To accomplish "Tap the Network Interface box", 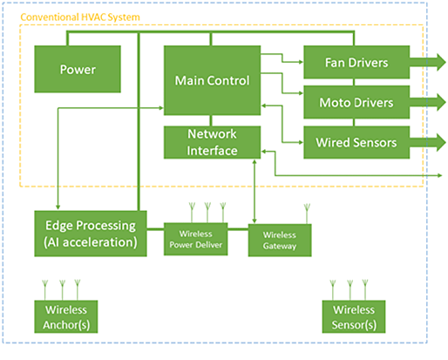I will tap(212, 142).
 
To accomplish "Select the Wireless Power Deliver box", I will tap(194, 239).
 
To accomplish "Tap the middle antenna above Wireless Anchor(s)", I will tap(62, 288).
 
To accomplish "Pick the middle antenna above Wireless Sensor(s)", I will tap(350, 288).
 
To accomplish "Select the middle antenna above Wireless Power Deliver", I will tap(207, 212).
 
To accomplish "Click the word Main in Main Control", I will tap(191, 81).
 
